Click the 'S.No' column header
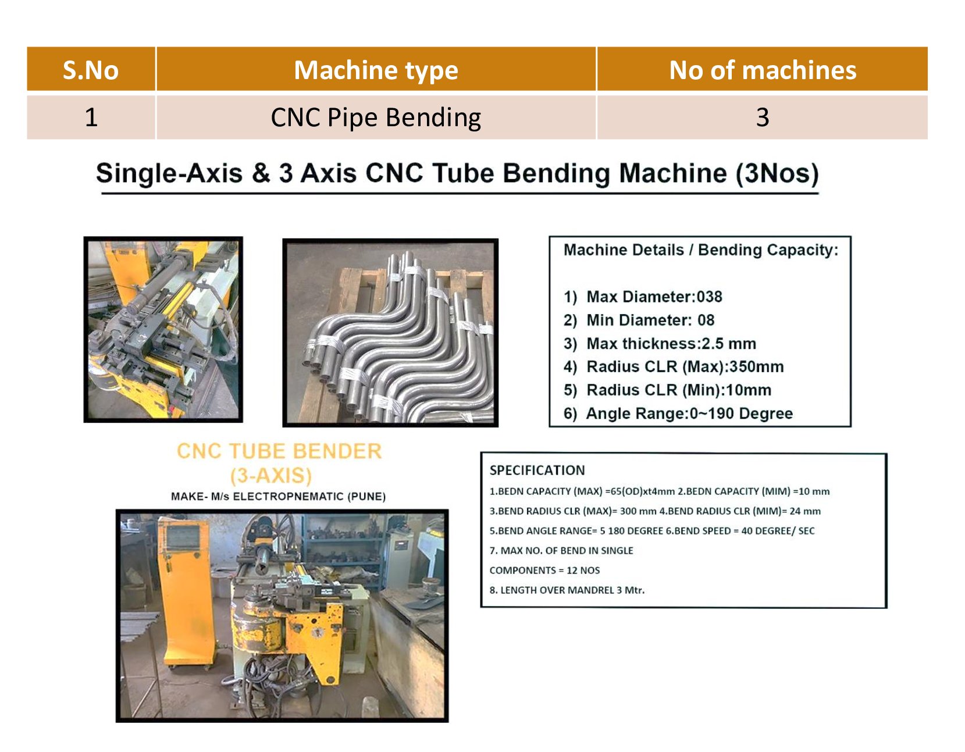pos(91,70)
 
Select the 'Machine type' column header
pos(376,70)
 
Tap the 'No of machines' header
pos(762,70)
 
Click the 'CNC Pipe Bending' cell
pos(376,117)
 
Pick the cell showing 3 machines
pos(762,117)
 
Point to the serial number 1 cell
pos(91,117)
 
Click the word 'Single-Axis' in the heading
pos(169,173)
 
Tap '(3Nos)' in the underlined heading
pos(777,173)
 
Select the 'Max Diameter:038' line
pos(654,297)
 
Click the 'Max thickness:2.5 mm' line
pos(671,343)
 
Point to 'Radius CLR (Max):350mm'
pos(685,366)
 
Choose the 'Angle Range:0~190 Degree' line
pos(689,414)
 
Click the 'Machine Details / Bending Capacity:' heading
pos(701,250)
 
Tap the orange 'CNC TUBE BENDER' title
pos(279,451)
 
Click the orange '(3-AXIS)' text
pos(271,475)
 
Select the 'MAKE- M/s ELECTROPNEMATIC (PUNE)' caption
pos(278,496)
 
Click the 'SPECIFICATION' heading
pos(537,470)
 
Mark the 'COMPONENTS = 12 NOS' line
pos(544,571)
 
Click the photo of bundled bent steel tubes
pos(390,333)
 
